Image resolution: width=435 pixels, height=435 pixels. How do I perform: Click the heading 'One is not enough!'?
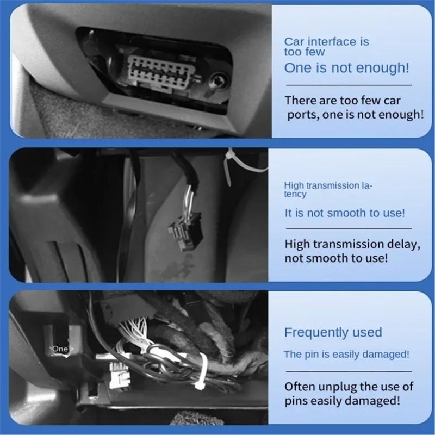coord(346,68)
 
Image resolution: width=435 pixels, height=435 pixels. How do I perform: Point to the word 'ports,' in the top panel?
coord(303,115)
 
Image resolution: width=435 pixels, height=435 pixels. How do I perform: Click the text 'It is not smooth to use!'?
coord(345,213)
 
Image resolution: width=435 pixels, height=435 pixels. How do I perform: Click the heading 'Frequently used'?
coord(333,332)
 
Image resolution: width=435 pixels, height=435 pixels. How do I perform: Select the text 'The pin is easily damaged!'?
coord(346,355)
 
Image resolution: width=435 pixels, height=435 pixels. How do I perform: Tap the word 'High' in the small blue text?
coord(294,185)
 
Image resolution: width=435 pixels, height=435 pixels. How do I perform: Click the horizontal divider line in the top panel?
coord(348,85)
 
